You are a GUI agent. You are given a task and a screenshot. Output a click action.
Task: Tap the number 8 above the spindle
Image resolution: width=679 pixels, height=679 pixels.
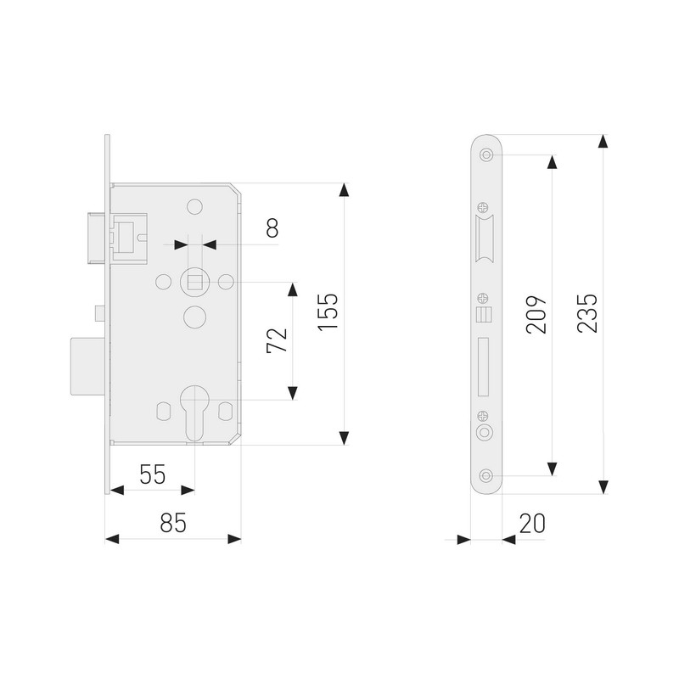(x=272, y=227)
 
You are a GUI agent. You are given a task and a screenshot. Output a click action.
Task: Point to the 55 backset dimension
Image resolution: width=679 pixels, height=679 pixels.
(x=153, y=474)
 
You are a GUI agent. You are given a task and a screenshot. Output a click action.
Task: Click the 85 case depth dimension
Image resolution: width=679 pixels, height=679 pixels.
(x=172, y=524)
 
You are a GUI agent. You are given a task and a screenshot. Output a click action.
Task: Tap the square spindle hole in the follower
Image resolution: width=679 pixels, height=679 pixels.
(x=194, y=281)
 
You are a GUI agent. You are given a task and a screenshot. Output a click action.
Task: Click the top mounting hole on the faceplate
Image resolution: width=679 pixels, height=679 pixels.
(x=485, y=155)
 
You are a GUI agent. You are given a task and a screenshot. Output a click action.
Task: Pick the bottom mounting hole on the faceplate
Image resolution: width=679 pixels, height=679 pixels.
(x=485, y=475)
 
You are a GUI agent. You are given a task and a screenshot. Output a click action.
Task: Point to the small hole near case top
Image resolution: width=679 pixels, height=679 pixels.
(x=194, y=206)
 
